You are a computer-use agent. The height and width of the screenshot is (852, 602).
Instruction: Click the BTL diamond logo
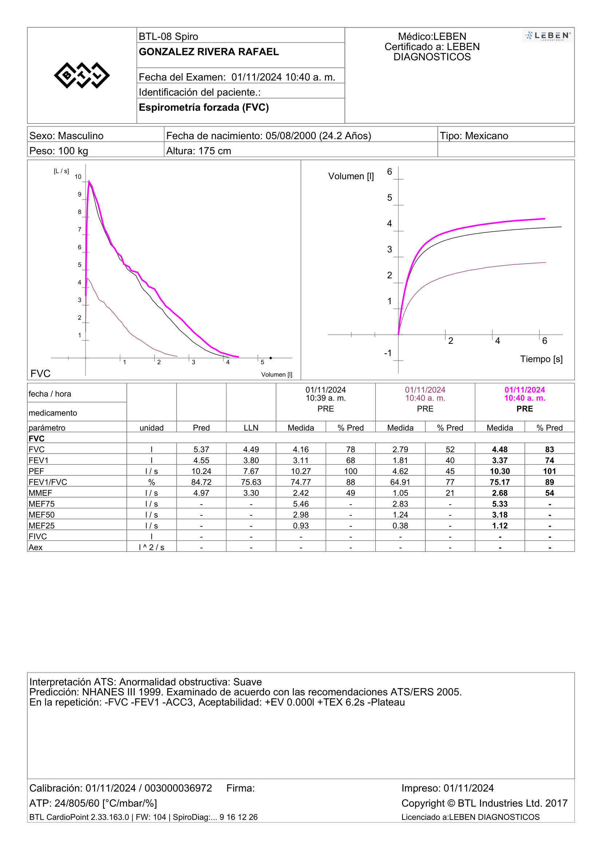(82, 75)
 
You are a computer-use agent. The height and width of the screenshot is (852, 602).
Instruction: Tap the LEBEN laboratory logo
(547, 36)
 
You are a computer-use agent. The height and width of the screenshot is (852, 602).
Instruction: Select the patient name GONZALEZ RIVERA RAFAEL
(209, 52)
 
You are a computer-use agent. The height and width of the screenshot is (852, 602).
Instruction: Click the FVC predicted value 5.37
(201, 449)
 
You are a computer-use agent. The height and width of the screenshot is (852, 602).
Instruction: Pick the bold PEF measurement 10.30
(500, 471)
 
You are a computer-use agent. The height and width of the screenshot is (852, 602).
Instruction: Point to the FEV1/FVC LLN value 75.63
(251, 482)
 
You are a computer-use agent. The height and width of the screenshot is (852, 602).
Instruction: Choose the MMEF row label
(40, 493)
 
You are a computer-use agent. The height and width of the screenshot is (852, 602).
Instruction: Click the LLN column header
(251, 428)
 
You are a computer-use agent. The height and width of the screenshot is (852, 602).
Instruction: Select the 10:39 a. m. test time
(326, 398)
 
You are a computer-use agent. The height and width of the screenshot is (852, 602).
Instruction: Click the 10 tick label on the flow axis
(78, 177)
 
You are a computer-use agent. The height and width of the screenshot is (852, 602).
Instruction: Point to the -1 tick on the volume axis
(388, 353)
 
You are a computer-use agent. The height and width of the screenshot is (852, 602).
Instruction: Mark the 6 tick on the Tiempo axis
(544, 341)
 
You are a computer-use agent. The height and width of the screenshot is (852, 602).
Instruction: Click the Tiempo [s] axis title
(541, 359)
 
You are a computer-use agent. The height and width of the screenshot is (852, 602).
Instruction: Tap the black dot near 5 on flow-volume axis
(271, 358)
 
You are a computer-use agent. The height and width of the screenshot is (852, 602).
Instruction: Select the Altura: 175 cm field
(198, 151)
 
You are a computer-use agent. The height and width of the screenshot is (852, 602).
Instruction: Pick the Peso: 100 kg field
(59, 151)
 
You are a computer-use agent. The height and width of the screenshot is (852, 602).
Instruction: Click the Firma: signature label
(241, 788)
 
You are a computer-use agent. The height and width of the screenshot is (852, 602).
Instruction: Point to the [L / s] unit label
(61, 171)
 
